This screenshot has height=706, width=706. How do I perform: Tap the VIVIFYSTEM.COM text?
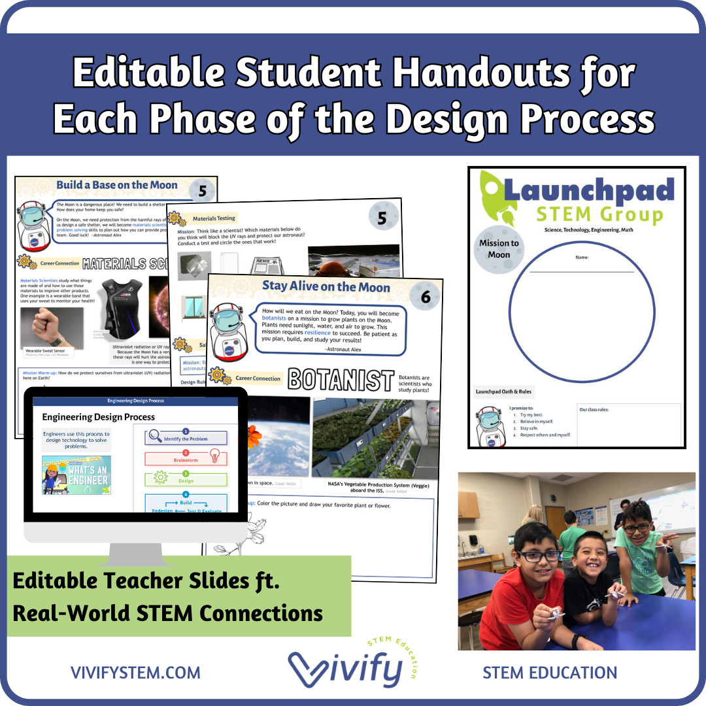[x=135, y=673]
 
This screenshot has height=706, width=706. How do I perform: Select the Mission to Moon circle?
[x=499, y=248]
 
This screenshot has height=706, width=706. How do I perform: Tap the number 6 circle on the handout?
[x=426, y=296]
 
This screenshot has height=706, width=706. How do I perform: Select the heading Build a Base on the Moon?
[x=117, y=185]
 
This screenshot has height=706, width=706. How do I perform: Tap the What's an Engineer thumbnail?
[x=76, y=475]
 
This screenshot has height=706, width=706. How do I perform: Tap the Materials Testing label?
[x=214, y=218]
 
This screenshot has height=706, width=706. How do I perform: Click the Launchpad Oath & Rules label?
[x=503, y=392]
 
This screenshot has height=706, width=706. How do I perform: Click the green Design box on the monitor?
[x=186, y=480]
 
